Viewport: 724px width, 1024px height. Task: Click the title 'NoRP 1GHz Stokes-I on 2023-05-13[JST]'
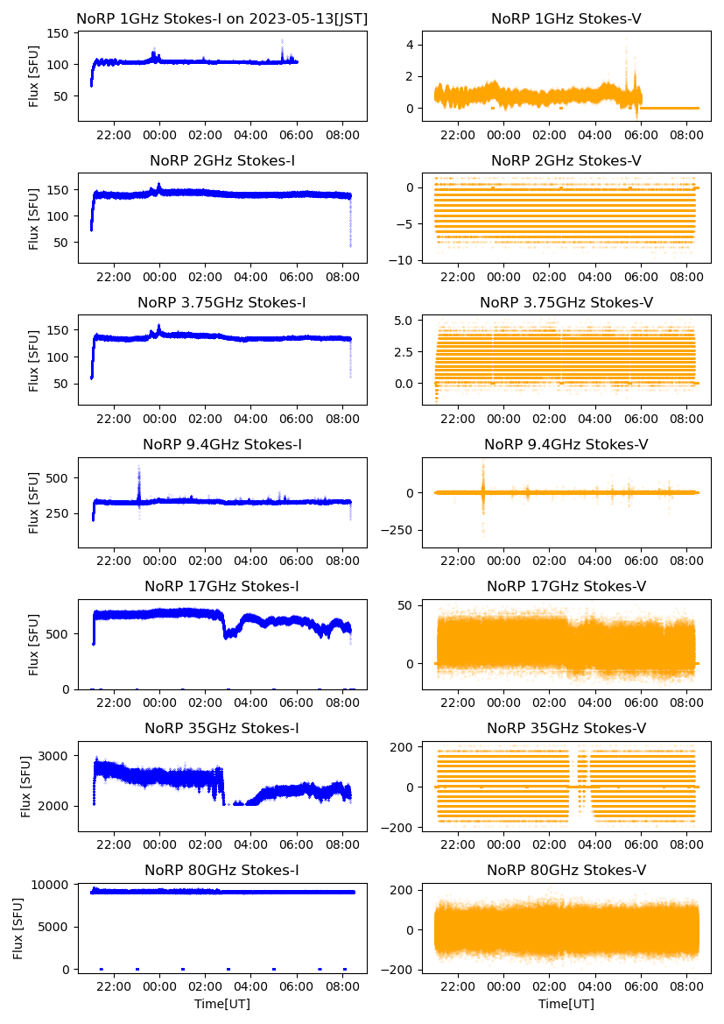pos(222,18)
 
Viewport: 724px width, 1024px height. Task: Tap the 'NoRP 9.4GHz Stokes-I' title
pos(222,445)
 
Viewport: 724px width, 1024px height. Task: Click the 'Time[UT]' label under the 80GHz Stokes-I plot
pos(222,1003)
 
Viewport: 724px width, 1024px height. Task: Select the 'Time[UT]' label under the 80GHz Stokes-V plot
pos(566,1003)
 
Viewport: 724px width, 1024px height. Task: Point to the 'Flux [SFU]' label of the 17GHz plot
pos(34,645)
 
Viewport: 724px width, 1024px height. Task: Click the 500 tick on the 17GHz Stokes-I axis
pos(63,633)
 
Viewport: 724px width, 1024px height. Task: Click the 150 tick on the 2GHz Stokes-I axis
pos(63,189)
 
